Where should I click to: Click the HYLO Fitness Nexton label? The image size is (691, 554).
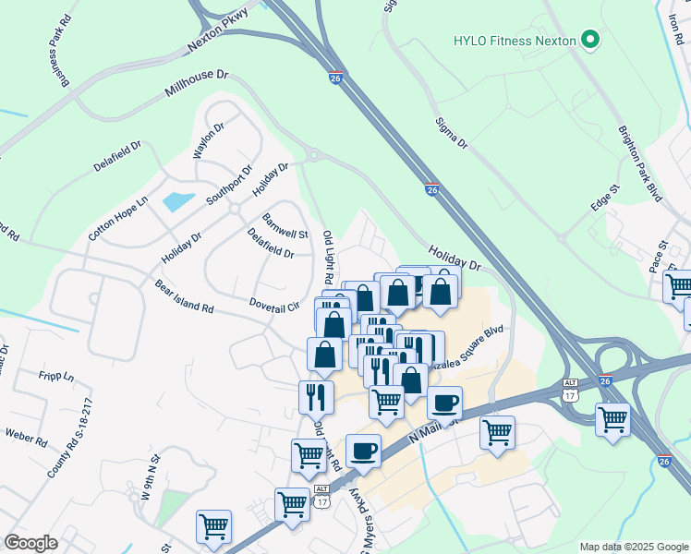pyautogui.click(x=514, y=41)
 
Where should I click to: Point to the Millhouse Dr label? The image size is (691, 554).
pyautogui.click(x=196, y=84)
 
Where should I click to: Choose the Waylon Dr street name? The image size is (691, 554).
pyautogui.click(x=208, y=140)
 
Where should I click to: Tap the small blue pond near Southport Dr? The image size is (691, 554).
pyautogui.click(x=177, y=200)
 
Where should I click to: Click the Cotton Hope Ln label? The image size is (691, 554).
pyautogui.click(x=117, y=219)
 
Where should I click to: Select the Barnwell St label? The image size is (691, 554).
pyautogui.click(x=285, y=227)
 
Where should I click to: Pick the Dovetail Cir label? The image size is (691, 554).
pyautogui.click(x=275, y=304)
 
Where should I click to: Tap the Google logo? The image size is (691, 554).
pyautogui.click(x=31, y=542)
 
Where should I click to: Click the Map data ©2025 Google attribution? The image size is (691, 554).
pyautogui.click(x=634, y=547)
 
